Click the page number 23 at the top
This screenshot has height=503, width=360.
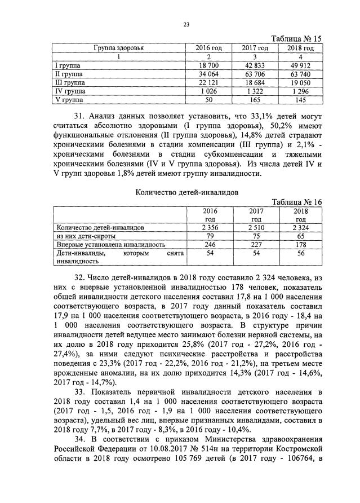[x=186, y=24]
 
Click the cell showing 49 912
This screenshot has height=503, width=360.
[x=301, y=65]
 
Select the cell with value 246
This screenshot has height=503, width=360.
[x=210, y=244]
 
